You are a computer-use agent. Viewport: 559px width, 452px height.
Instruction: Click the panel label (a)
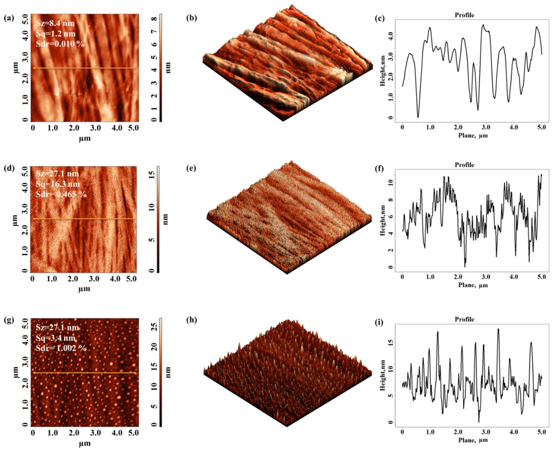(9, 18)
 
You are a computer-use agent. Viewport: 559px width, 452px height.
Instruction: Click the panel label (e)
(192, 169)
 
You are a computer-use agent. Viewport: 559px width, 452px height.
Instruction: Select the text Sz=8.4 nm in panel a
(55, 23)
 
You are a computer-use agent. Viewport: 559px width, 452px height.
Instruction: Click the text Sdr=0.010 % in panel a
(60, 44)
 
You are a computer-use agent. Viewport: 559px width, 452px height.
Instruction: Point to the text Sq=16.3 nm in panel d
(58, 184)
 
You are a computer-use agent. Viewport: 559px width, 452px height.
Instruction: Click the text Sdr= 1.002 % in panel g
(61, 348)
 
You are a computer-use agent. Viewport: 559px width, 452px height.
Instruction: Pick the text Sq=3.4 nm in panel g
(56, 338)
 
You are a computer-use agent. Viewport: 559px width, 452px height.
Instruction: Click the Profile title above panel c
(464, 15)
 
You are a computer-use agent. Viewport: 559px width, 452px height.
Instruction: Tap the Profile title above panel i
(464, 319)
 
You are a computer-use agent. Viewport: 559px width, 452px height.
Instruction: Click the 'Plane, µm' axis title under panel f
(473, 285)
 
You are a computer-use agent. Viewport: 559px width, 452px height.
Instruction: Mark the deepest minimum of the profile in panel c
(418, 117)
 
